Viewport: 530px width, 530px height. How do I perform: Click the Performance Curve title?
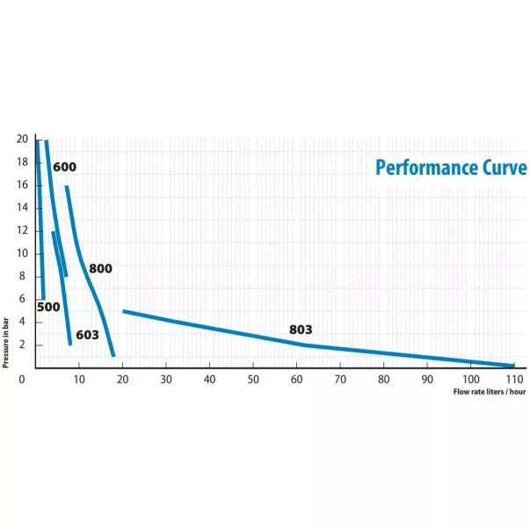451,167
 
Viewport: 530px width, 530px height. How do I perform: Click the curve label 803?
301,330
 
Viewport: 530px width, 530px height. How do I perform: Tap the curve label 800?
101,268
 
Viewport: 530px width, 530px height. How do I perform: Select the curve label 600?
64,167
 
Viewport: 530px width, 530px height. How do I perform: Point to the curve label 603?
87,335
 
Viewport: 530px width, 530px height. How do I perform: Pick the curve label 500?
48,307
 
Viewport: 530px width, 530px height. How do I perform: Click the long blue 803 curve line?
220,329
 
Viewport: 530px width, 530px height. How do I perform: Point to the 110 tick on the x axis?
514,379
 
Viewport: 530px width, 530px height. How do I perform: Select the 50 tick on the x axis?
253,379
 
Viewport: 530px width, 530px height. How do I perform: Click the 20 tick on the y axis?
22,139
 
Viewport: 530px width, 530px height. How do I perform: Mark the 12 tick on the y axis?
22,230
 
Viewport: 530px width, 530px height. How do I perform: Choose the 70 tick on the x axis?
340,379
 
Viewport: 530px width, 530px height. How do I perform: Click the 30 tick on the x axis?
166,379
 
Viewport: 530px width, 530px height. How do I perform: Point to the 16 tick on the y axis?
22,185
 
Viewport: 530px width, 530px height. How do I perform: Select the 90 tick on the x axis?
427,379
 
